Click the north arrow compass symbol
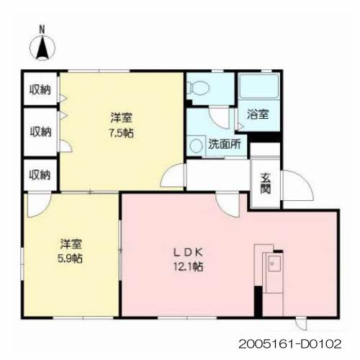42,48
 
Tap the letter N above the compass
42,30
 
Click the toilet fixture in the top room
198,88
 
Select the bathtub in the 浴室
259,86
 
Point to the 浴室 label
258,114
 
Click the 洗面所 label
225,144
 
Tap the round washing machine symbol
196,146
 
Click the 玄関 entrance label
266,183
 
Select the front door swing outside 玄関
298,185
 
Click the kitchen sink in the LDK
274,264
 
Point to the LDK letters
189,252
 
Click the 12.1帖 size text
189,266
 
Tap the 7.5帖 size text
122,132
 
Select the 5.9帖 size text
71,258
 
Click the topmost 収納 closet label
40,90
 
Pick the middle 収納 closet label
40,132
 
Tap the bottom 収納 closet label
40,175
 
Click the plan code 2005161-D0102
290,344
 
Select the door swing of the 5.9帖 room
39,204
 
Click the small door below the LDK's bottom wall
302,324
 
